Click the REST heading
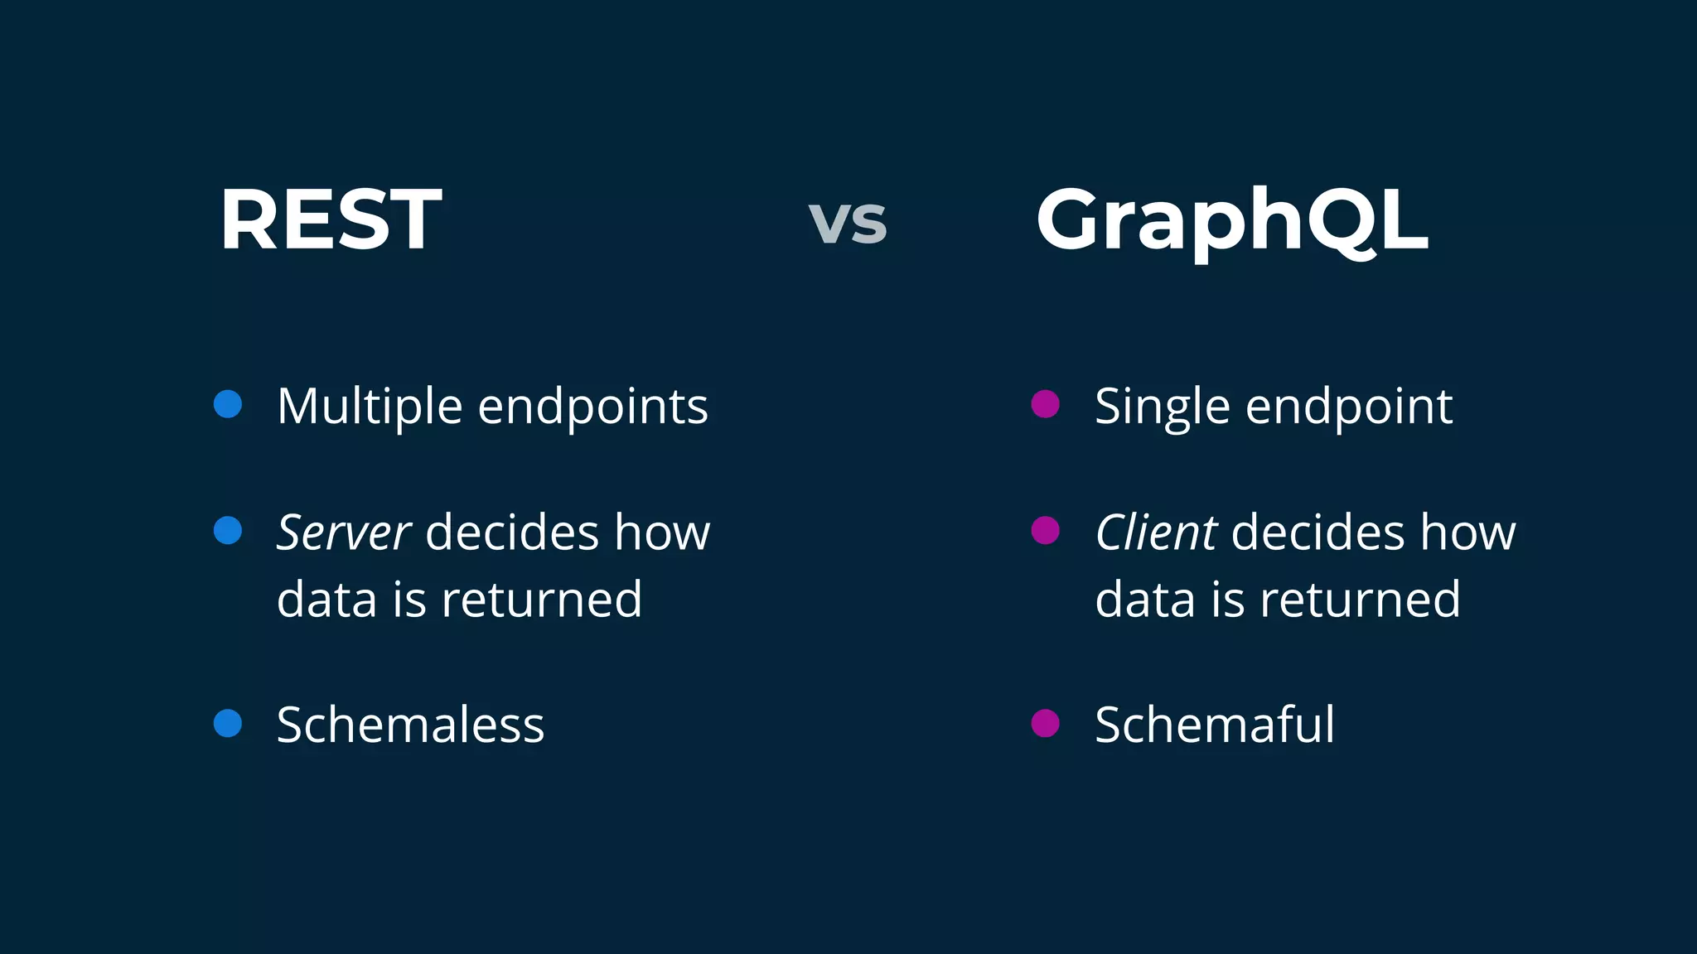click(330, 220)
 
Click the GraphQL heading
click(1231, 220)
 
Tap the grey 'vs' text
click(848, 223)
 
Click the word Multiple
click(369, 407)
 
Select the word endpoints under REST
click(593, 407)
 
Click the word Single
click(1162, 407)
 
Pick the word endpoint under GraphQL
click(1349, 407)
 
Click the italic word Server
click(343, 532)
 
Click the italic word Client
click(1156, 532)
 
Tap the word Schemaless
click(410, 725)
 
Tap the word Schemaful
click(1215, 725)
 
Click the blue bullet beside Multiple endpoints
click(228, 404)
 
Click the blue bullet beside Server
click(228, 530)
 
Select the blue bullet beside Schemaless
click(228, 723)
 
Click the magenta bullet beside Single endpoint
click(1046, 404)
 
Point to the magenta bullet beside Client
click(1046, 530)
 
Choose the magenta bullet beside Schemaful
click(1046, 723)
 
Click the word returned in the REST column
click(542, 600)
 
